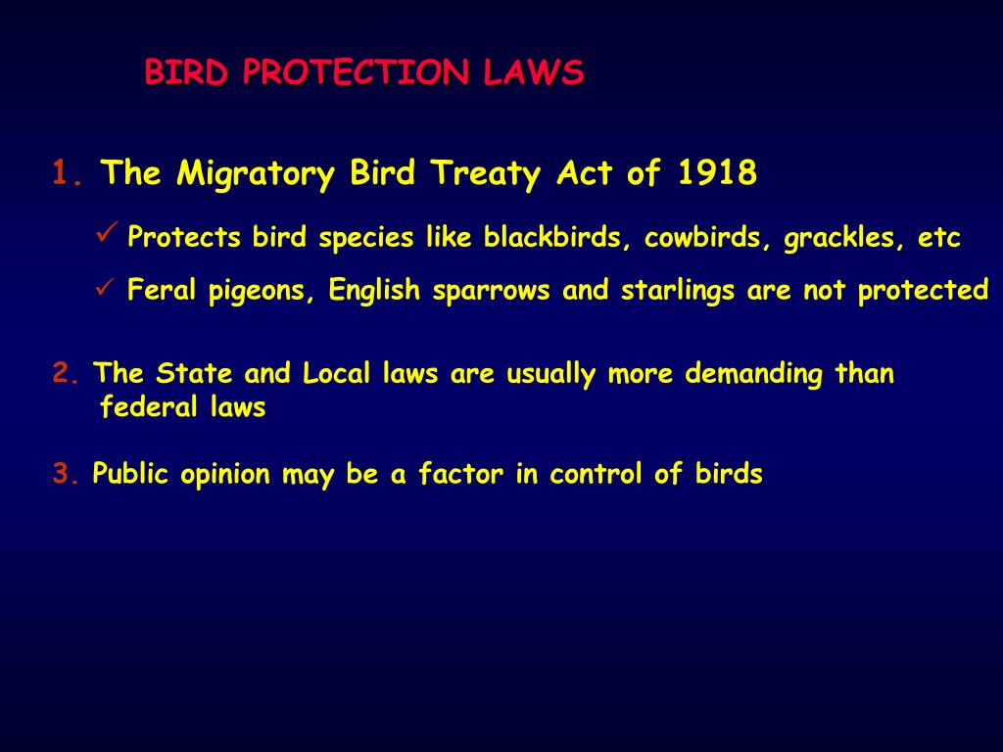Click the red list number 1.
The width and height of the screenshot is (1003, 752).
coord(68,174)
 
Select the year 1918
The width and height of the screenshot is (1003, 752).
coord(716,173)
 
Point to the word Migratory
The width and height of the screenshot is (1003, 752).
coord(257,175)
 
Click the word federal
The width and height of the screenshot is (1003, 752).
coord(146,407)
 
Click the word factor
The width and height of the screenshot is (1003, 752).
coord(460,475)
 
